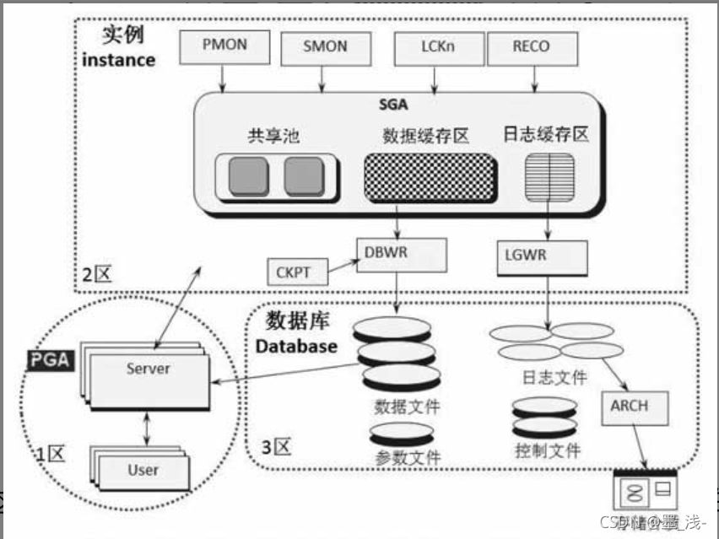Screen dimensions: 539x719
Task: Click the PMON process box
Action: [x=224, y=47]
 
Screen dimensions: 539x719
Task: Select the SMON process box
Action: [x=325, y=47]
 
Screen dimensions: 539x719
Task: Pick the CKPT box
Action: [x=294, y=272]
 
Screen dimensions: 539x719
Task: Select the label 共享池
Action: [x=273, y=137]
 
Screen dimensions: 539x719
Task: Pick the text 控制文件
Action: [x=548, y=450]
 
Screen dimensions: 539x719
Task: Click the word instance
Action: [x=119, y=60]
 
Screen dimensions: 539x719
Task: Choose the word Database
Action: [x=296, y=346]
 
